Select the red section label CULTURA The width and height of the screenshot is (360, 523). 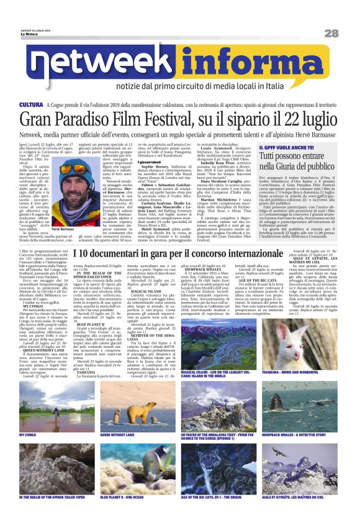tap(32, 106)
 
